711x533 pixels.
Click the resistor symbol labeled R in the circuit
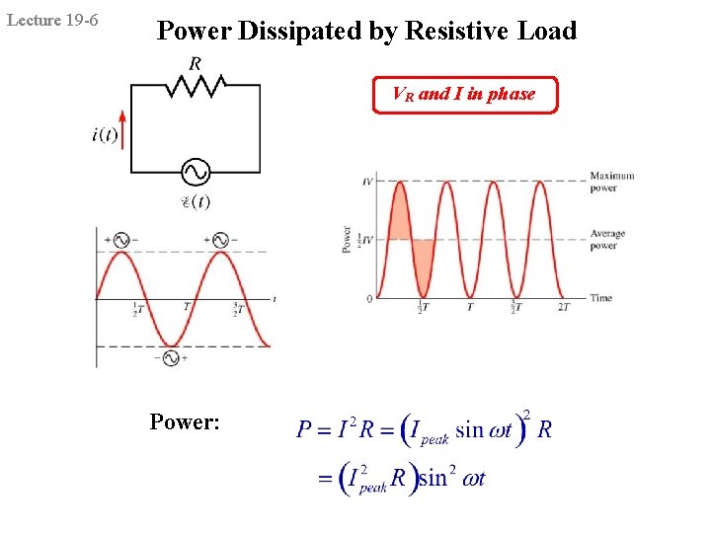pos(195,86)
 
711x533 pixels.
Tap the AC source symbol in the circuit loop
pos(196,172)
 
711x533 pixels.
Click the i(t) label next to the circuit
pos(104,135)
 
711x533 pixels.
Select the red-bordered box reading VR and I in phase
pos(464,95)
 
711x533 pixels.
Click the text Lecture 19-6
pos(52,20)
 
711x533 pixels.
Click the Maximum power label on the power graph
pos(611,182)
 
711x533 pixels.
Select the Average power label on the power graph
pos(607,240)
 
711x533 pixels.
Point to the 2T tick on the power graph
pos(564,308)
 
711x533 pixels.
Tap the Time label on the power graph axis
pos(601,297)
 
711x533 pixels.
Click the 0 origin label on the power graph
pos(369,298)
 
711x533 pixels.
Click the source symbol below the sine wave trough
pos(170,358)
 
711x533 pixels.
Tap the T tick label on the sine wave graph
pos(186,308)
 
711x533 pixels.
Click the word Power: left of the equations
pos(186,422)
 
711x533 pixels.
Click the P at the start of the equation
pos(304,430)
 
